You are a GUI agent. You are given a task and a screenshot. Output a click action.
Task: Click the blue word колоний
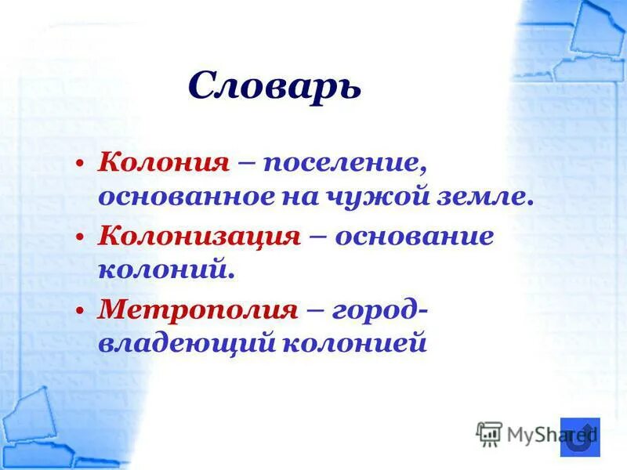166,269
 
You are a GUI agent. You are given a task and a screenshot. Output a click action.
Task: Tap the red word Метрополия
198,309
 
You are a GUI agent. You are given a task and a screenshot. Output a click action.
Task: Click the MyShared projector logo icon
490,433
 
